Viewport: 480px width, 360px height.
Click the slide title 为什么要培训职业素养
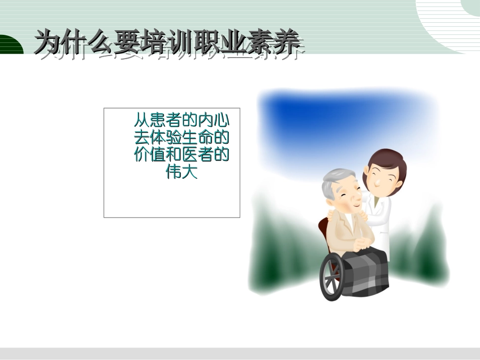[x=169, y=41]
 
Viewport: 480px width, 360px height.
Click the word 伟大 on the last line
[x=181, y=172]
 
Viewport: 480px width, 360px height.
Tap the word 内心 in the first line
[x=213, y=121]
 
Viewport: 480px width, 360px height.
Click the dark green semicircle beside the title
[x=10, y=45]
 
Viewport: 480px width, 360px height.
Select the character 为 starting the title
[x=46, y=41]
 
